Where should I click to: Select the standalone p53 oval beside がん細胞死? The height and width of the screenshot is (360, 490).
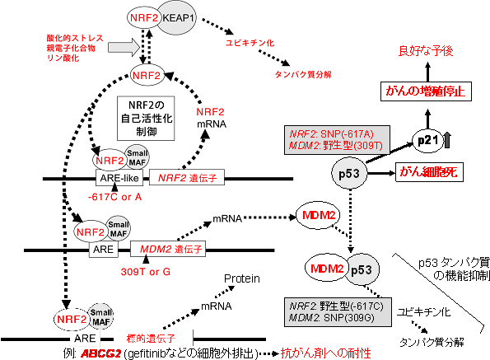(348, 172)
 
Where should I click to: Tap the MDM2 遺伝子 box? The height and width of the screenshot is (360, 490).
(169, 246)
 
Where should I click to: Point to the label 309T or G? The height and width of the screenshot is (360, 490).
(155, 269)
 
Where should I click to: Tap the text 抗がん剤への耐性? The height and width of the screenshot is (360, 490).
(328, 353)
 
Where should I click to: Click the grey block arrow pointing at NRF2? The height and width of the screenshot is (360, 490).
(122, 50)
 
